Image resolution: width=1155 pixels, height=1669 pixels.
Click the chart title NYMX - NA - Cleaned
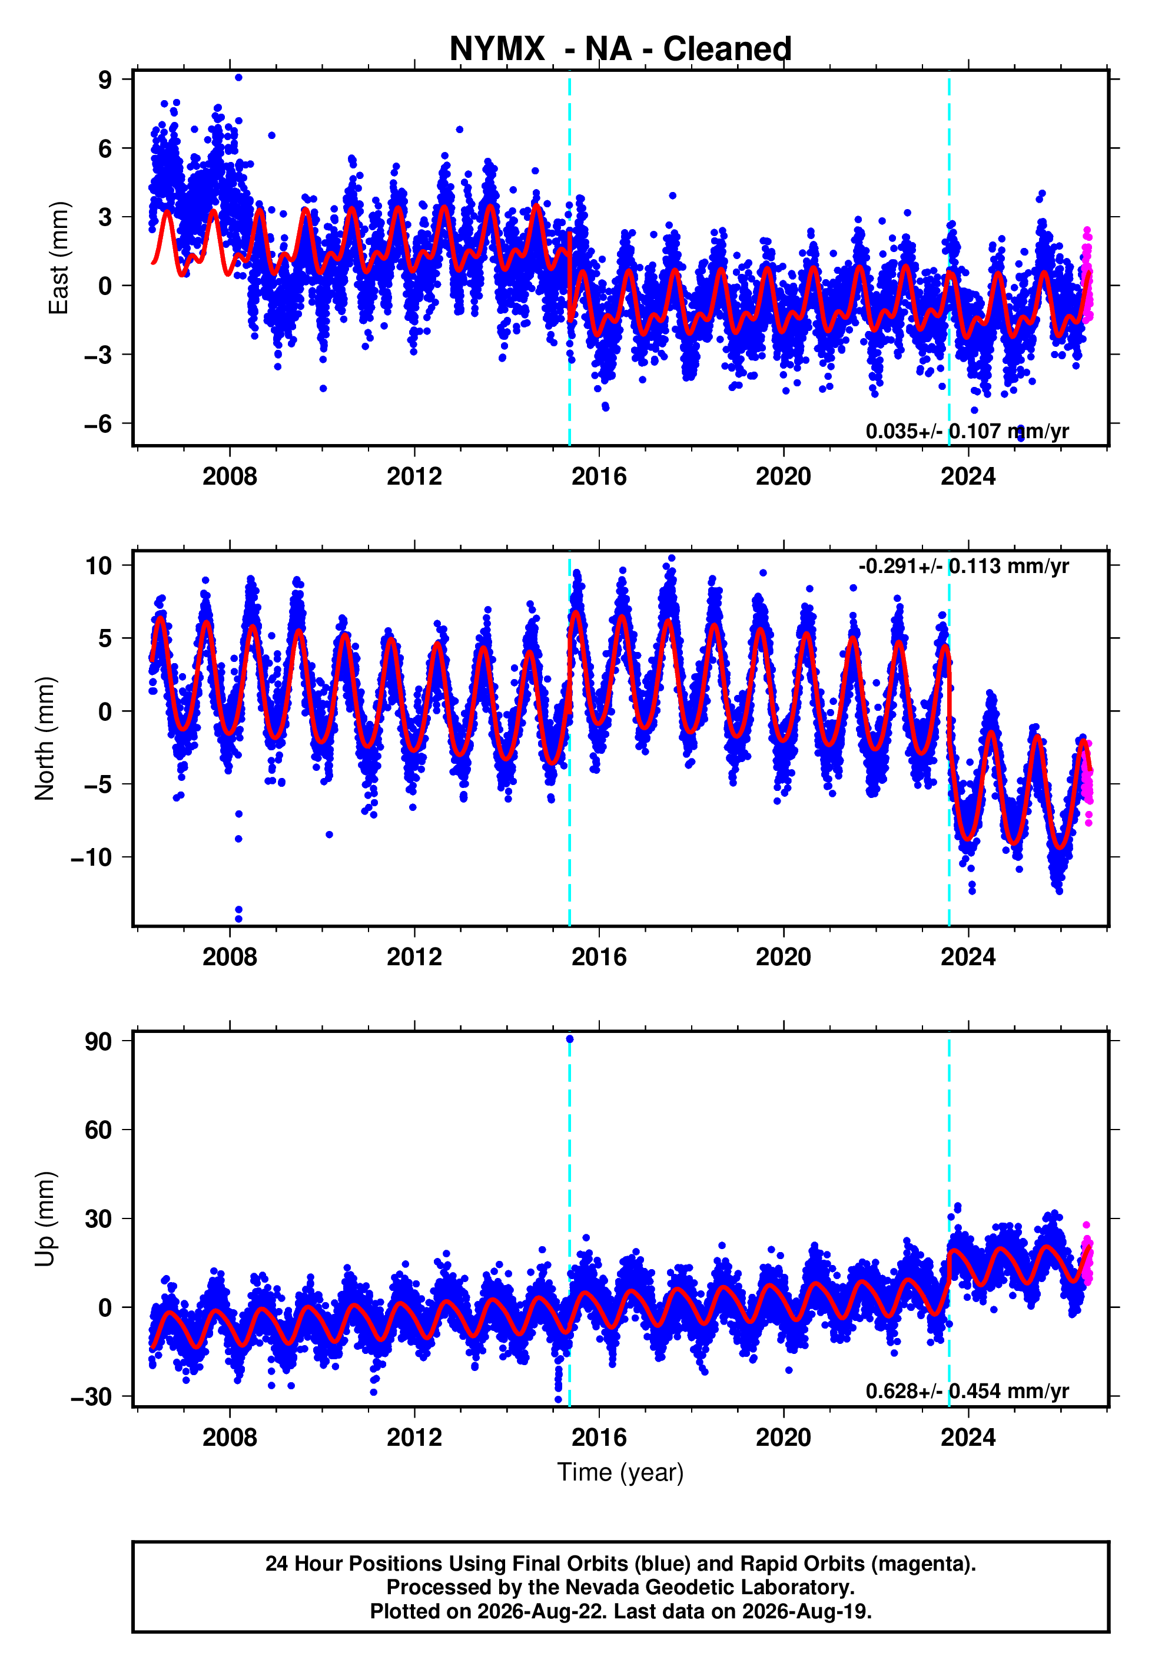coord(620,49)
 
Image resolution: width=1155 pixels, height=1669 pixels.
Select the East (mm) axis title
coord(58,259)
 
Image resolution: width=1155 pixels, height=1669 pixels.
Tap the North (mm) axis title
coord(45,739)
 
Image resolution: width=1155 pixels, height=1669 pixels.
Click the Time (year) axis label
coord(620,1473)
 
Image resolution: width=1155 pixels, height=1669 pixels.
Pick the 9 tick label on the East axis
coord(105,80)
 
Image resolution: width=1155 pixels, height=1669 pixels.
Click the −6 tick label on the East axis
coord(98,424)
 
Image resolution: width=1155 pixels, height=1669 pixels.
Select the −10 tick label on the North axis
coord(91,857)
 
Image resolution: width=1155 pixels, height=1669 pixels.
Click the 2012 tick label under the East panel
coord(414,476)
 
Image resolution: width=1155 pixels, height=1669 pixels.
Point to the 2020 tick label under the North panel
coord(784,957)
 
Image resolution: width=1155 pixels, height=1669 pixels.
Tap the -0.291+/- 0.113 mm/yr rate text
coord(964,566)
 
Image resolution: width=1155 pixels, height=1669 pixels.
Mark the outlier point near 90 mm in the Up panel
coord(569,1039)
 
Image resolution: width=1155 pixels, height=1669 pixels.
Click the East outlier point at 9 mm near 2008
coord(239,77)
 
